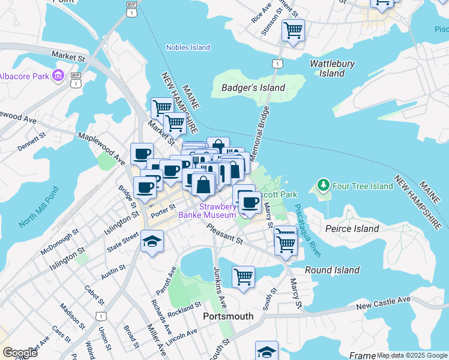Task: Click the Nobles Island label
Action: [188, 47]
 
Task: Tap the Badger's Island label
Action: [253, 88]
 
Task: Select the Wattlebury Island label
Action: [332, 68]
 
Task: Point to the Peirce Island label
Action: [352, 229]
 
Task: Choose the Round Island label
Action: [331, 270]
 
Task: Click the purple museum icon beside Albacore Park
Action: [58, 76]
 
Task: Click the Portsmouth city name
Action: [228, 316]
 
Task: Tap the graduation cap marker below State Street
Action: [152, 242]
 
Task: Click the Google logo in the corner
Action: [20, 353]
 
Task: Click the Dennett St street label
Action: [31, 142]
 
